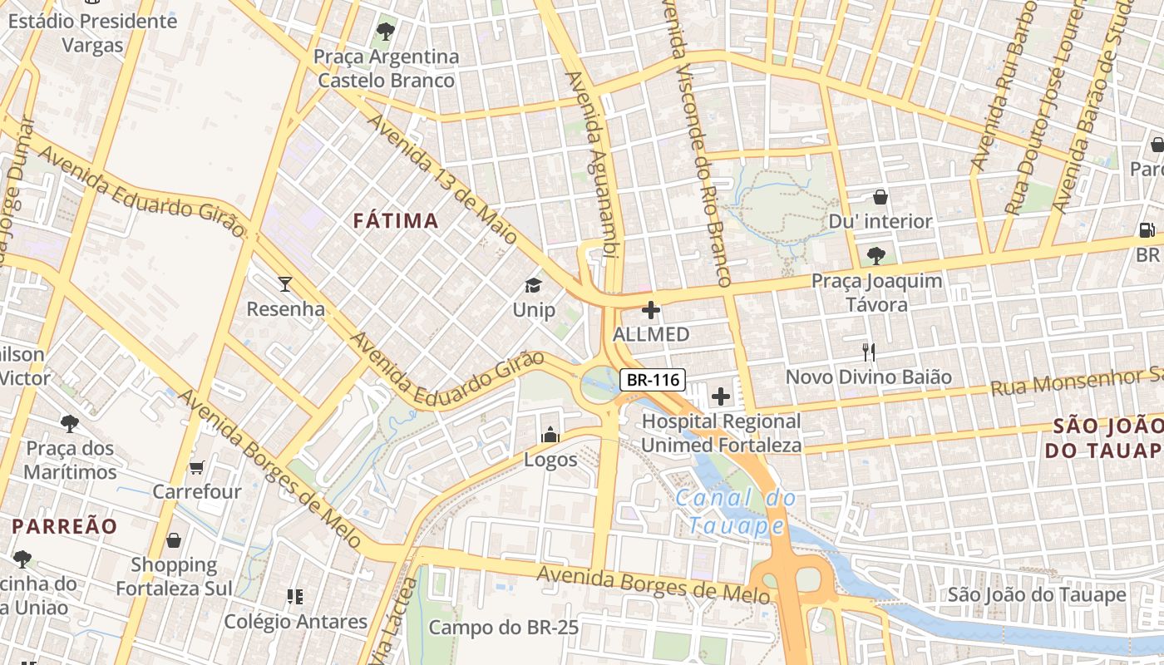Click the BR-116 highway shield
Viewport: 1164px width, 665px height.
(x=653, y=381)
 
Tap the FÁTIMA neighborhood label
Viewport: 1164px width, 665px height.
(x=396, y=220)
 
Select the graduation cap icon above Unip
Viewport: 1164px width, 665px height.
(x=533, y=285)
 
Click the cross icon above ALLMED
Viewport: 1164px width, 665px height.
(x=651, y=310)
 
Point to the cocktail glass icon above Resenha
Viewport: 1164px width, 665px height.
(x=285, y=284)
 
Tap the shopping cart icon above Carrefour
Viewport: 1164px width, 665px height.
(x=196, y=467)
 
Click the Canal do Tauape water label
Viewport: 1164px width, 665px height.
(x=735, y=512)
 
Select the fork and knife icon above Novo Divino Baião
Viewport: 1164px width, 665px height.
(x=869, y=352)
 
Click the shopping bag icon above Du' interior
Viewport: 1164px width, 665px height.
(x=880, y=197)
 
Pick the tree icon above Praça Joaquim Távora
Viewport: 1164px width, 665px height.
(x=875, y=255)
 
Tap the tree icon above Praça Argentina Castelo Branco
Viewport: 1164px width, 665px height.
(x=385, y=32)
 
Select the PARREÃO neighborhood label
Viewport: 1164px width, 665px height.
(x=65, y=526)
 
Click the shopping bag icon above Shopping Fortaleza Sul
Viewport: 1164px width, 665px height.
(x=174, y=540)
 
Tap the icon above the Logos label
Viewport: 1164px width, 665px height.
(x=550, y=435)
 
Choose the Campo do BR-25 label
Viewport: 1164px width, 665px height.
(x=503, y=627)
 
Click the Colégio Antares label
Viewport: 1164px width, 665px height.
(x=295, y=621)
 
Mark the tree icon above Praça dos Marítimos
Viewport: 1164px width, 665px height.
(x=70, y=424)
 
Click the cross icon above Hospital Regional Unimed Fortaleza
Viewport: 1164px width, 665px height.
(x=721, y=397)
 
